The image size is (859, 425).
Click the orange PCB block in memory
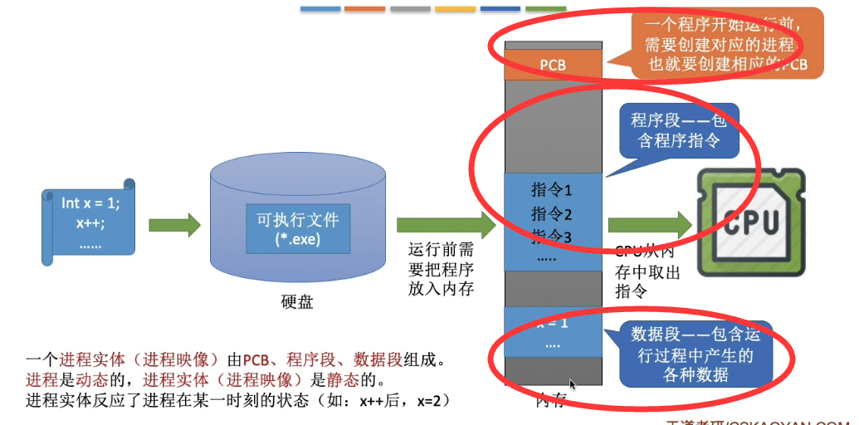tap(552, 64)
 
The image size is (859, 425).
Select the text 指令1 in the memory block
tap(552, 189)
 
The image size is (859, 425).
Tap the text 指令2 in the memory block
tap(552, 214)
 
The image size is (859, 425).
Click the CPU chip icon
tap(751, 222)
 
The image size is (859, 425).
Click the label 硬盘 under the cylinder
tap(297, 302)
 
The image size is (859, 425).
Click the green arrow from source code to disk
tap(174, 223)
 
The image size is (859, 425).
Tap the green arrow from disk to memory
tap(445, 225)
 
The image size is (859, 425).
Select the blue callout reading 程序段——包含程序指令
tap(678, 130)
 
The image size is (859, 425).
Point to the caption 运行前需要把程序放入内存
tap(441, 269)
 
